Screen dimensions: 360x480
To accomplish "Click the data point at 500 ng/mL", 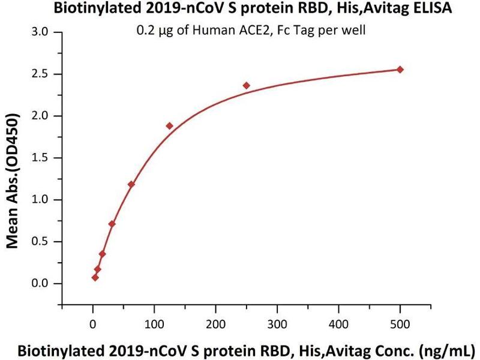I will pos(400,70).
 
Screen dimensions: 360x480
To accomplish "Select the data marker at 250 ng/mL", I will pos(247,86).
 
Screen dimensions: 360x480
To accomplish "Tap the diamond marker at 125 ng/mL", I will pos(169,126).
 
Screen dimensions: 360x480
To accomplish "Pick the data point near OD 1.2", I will pos(131,184).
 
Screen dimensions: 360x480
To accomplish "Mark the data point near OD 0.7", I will pos(112,224).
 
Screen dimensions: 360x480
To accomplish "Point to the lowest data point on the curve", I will pos(95,277).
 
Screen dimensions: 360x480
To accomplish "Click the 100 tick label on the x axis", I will pos(154,325).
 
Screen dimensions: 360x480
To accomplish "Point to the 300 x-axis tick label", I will pos(277,325).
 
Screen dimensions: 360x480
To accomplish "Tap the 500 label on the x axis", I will pos(400,325).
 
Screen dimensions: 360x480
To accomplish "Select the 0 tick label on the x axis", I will pos(92,325).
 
